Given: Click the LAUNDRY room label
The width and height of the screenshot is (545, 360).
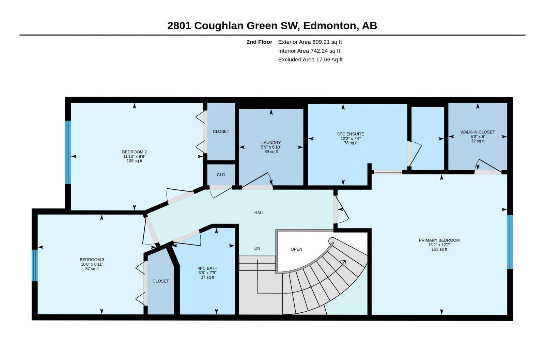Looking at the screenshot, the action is click(x=271, y=143).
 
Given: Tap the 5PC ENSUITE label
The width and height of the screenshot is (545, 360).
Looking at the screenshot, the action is click(x=351, y=134).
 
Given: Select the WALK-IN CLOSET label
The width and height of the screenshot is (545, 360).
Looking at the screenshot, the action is click(x=478, y=132).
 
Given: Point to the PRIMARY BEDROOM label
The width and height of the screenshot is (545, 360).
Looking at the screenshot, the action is click(x=439, y=240).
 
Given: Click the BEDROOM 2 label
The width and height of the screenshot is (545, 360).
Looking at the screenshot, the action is click(x=134, y=152).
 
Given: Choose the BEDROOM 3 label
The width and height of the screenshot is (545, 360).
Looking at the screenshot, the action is click(x=92, y=260).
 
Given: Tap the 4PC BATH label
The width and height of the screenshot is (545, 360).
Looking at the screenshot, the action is click(x=207, y=268).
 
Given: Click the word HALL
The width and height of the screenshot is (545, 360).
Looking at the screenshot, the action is click(x=259, y=213).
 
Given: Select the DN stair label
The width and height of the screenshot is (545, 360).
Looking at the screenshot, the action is click(x=257, y=248).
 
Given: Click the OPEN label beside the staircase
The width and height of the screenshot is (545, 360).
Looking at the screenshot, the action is click(x=296, y=249).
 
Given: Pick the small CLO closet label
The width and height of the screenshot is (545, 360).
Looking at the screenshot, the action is click(x=221, y=175).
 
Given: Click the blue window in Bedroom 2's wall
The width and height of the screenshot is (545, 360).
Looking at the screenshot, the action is click(x=68, y=152).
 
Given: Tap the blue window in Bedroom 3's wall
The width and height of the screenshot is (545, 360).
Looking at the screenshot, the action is click(x=35, y=265).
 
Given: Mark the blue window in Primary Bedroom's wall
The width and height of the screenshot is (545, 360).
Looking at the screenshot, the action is click(x=510, y=242).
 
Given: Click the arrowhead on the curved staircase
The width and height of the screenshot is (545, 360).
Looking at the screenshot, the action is click(x=344, y=262).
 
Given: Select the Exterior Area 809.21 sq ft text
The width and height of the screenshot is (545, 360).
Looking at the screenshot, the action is click(x=310, y=42).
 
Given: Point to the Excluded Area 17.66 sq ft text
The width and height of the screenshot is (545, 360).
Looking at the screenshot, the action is click(x=310, y=60).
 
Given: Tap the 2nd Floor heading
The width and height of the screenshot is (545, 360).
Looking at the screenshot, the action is click(x=259, y=42).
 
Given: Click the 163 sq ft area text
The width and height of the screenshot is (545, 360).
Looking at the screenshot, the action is click(x=439, y=249).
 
